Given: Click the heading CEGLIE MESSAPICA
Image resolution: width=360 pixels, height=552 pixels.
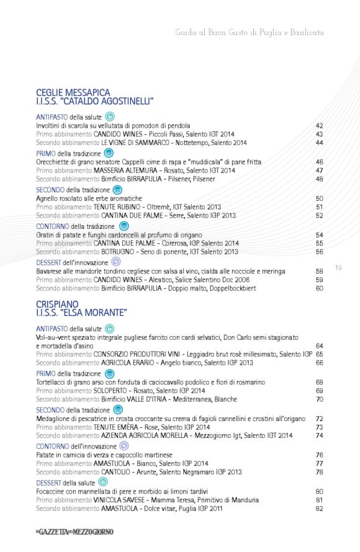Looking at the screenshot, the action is [x=73, y=92].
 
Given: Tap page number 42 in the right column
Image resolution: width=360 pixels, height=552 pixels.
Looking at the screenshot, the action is [x=320, y=126].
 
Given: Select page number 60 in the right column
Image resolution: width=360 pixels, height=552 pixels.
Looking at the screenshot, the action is [x=320, y=288].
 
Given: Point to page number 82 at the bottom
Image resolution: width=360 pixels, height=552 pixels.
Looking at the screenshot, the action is [x=320, y=509].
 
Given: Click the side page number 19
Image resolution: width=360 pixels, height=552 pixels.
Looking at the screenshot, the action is [x=338, y=268].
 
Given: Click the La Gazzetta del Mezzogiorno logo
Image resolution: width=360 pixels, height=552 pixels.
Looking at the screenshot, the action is [x=74, y=532].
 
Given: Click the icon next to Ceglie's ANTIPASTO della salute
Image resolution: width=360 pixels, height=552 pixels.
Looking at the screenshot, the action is [x=110, y=116].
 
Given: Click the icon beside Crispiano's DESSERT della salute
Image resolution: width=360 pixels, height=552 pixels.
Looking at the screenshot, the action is [x=103, y=481].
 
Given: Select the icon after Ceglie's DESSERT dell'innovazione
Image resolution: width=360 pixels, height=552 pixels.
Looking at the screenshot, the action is [x=115, y=262].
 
